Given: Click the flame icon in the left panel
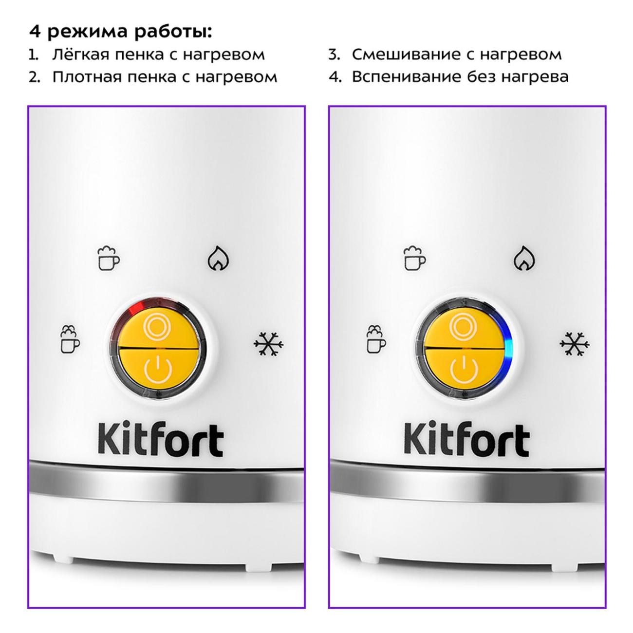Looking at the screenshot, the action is (x=219, y=258).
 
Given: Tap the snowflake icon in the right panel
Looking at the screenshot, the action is (x=574, y=344).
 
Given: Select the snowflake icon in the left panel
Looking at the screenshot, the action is (x=268, y=344).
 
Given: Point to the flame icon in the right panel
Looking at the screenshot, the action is (x=524, y=258).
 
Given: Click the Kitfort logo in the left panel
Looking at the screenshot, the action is (x=161, y=441).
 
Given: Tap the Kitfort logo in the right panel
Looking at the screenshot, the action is (x=466, y=441).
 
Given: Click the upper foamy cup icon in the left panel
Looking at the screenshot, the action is (x=109, y=258).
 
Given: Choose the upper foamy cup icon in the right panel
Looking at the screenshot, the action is (x=414, y=258).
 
